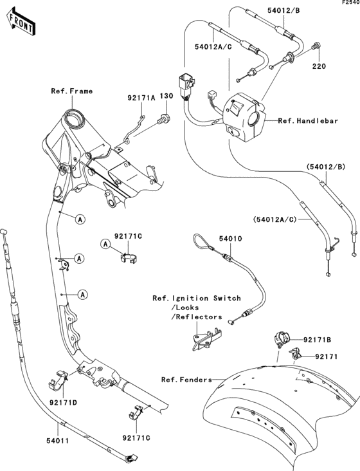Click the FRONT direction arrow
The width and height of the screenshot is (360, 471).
[x=21, y=23]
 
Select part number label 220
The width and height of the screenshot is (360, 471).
[x=319, y=66]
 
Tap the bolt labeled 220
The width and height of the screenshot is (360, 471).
[x=316, y=46]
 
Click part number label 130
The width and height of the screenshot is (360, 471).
[x=166, y=96]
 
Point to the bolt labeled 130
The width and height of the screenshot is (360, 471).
[x=163, y=118]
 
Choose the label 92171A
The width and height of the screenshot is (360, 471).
[x=141, y=98]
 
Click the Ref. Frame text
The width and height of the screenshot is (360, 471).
[x=72, y=91]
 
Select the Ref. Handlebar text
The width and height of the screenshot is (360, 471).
[x=308, y=121]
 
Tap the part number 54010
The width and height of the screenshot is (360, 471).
[x=230, y=239]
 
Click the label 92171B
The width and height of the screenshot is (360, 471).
[x=318, y=340]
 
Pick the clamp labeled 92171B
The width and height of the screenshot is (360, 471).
[x=282, y=338]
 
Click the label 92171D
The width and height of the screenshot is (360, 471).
[x=63, y=402]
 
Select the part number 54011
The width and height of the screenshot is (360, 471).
[x=58, y=441]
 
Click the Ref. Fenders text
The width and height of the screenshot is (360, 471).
[x=186, y=380]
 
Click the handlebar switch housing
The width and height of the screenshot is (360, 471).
[x=244, y=118]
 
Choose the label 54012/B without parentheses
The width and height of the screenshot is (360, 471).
[x=283, y=10]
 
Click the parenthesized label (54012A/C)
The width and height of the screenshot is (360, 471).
[x=275, y=219]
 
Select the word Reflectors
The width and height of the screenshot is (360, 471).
[x=199, y=317]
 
